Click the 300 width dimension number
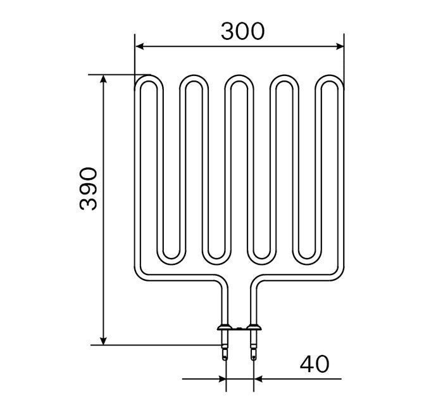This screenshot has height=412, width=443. (x=242, y=30)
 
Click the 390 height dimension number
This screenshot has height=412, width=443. (x=89, y=189)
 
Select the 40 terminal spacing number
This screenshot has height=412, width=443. (x=315, y=364)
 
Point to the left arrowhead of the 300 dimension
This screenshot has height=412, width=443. (x=140, y=46)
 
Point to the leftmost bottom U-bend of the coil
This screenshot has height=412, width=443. (x=172, y=257)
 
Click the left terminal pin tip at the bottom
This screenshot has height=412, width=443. (x=225, y=357)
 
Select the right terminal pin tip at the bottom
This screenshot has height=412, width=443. (x=254, y=357)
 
